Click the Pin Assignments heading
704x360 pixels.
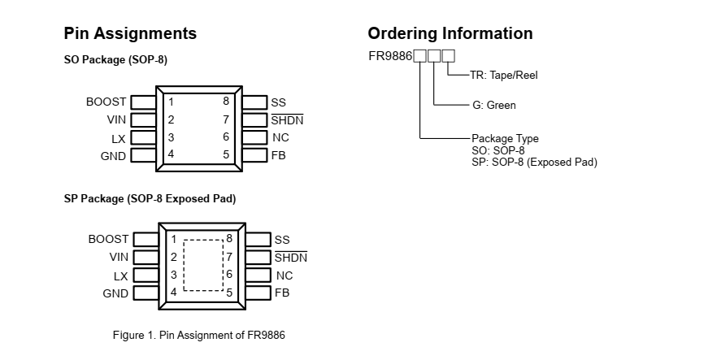click(130, 33)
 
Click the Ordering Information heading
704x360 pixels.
click(450, 33)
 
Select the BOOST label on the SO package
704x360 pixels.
click(106, 102)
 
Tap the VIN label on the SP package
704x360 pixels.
click(119, 257)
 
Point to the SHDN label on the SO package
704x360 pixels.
click(287, 120)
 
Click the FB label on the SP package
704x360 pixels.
click(282, 293)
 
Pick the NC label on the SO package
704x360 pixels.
click(280, 137)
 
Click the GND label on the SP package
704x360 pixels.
click(115, 293)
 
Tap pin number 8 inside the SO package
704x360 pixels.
click(226, 102)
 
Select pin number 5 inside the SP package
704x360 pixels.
click(229, 293)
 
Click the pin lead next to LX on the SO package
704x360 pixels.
click(143, 138)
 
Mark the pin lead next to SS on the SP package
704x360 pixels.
click(258, 240)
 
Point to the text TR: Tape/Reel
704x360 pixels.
click(503, 75)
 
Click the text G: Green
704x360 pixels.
click(493, 105)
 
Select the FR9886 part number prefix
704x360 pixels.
click(390, 56)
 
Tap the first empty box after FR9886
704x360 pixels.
click(419, 56)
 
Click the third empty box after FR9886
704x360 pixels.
click(449, 56)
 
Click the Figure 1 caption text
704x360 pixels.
click(199, 335)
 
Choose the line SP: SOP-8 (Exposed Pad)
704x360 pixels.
click(534, 162)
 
